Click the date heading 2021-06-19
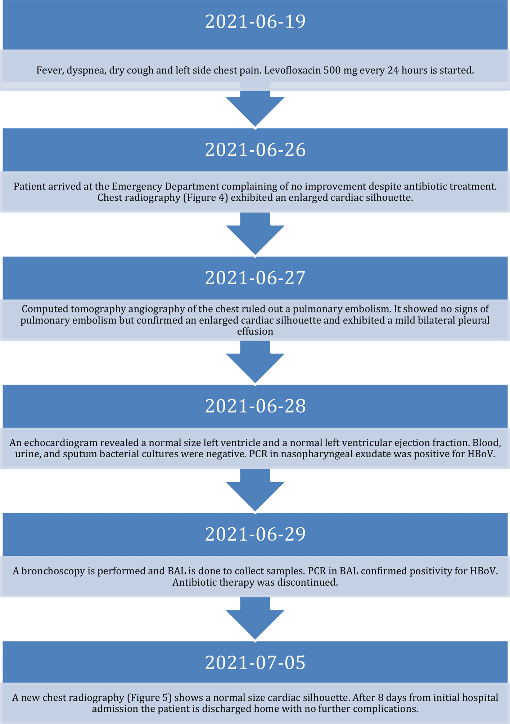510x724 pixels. [255, 21]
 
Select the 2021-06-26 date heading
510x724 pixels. [255, 150]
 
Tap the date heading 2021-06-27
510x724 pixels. [255, 278]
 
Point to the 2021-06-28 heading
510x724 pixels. [255, 406]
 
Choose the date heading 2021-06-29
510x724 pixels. [255, 534]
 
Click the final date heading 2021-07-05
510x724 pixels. [255, 662]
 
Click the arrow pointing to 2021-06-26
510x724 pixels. [255, 108]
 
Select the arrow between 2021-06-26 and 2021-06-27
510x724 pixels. [255, 234]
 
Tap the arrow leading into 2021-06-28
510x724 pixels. [255, 362]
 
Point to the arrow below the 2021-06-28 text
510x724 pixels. [255, 490]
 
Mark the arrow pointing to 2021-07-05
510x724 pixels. [255, 618]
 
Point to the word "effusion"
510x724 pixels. [255, 332]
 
